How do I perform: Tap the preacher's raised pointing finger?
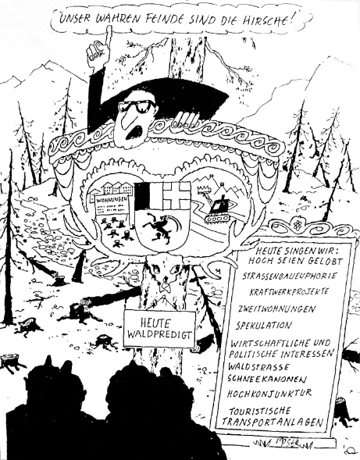(x=109, y=36)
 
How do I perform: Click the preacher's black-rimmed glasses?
(x=137, y=106)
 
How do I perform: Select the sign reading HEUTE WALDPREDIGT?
(x=159, y=329)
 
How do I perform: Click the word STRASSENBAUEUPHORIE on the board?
(x=290, y=276)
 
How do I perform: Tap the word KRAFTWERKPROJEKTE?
(x=289, y=292)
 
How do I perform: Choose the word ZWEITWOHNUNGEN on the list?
(x=276, y=309)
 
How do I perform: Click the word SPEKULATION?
(x=264, y=326)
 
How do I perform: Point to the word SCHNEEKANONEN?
(x=267, y=379)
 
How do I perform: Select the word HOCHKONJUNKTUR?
(x=269, y=393)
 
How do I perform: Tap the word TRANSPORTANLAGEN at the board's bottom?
(x=273, y=422)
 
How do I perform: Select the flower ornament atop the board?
(x=296, y=225)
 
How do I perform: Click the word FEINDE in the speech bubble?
(x=163, y=20)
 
